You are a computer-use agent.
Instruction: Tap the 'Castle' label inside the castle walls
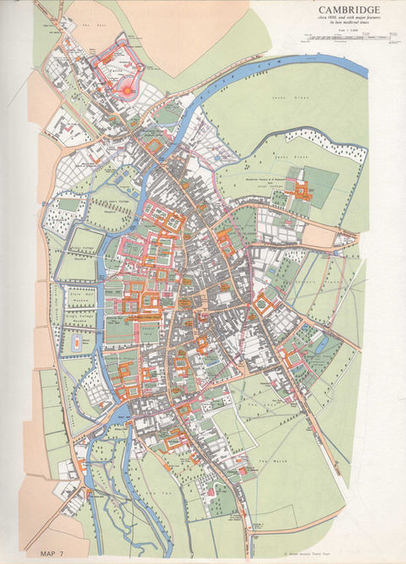point(118,72)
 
